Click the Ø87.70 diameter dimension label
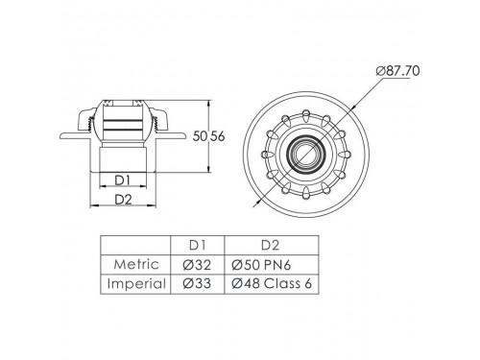pos(397,71)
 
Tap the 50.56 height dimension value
pos(208,136)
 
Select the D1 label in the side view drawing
pos(123,180)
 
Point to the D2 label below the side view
pos(123,200)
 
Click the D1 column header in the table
pos(197,245)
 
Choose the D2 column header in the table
pos(271,245)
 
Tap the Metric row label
pos(136,264)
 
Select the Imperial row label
pos(136,284)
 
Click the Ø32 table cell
pos(197,265)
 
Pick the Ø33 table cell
pos(197,284)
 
